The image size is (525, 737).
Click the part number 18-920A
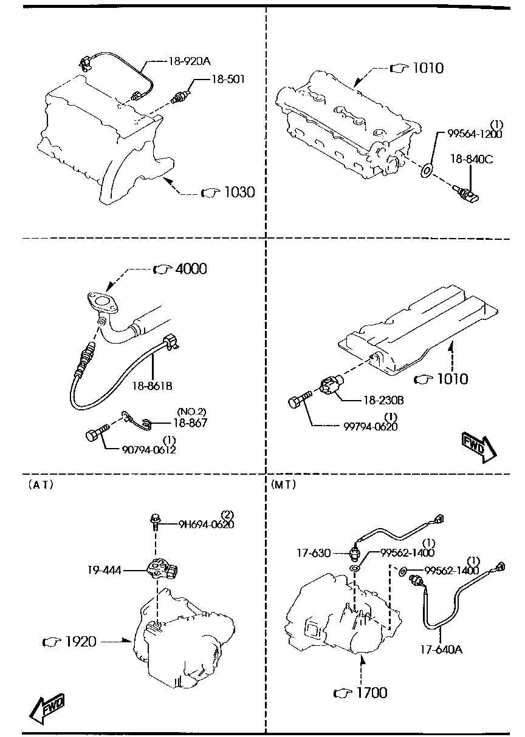(190, 61)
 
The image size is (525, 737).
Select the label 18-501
(228, 80)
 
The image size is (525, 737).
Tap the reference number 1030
(239, 192)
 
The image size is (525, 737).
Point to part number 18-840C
(472, 160)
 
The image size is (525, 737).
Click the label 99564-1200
(475, 134)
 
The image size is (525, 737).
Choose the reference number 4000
(191, 269)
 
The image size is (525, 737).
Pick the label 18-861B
(153, 385)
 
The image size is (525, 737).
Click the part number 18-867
(190, 423)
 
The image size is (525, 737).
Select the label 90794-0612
(149, 449)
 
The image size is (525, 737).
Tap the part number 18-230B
(383, 401)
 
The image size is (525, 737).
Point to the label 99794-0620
(371, 427)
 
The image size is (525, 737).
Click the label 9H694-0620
(206, 524)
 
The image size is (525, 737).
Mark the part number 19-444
(105, 570)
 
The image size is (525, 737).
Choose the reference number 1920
(81, 642)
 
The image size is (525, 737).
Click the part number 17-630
(314, 552)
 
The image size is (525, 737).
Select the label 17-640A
(441, 650)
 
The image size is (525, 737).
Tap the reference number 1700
(372, 693)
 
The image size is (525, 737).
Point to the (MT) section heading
(284, 484)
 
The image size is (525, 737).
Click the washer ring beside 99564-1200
(427, 171)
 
